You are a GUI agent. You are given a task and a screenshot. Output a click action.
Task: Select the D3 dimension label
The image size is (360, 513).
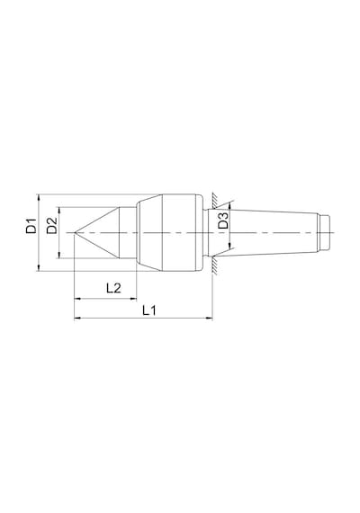pos(223,220)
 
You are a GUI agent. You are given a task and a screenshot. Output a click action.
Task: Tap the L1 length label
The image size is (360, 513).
pos(149,310)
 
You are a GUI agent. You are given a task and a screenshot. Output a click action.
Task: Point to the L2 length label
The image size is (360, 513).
pos(113,288)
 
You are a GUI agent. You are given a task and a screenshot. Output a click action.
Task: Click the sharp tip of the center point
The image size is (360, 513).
pos(75,232)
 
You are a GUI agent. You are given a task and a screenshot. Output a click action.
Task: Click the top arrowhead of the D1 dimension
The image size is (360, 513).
pos(39,198)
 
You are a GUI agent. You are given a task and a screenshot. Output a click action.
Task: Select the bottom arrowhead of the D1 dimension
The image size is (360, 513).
pos(39,268)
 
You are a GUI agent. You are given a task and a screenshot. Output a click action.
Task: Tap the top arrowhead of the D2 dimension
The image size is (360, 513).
pos(59,211)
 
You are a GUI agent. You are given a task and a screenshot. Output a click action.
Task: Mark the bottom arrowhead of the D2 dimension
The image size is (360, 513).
pos(59,256)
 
